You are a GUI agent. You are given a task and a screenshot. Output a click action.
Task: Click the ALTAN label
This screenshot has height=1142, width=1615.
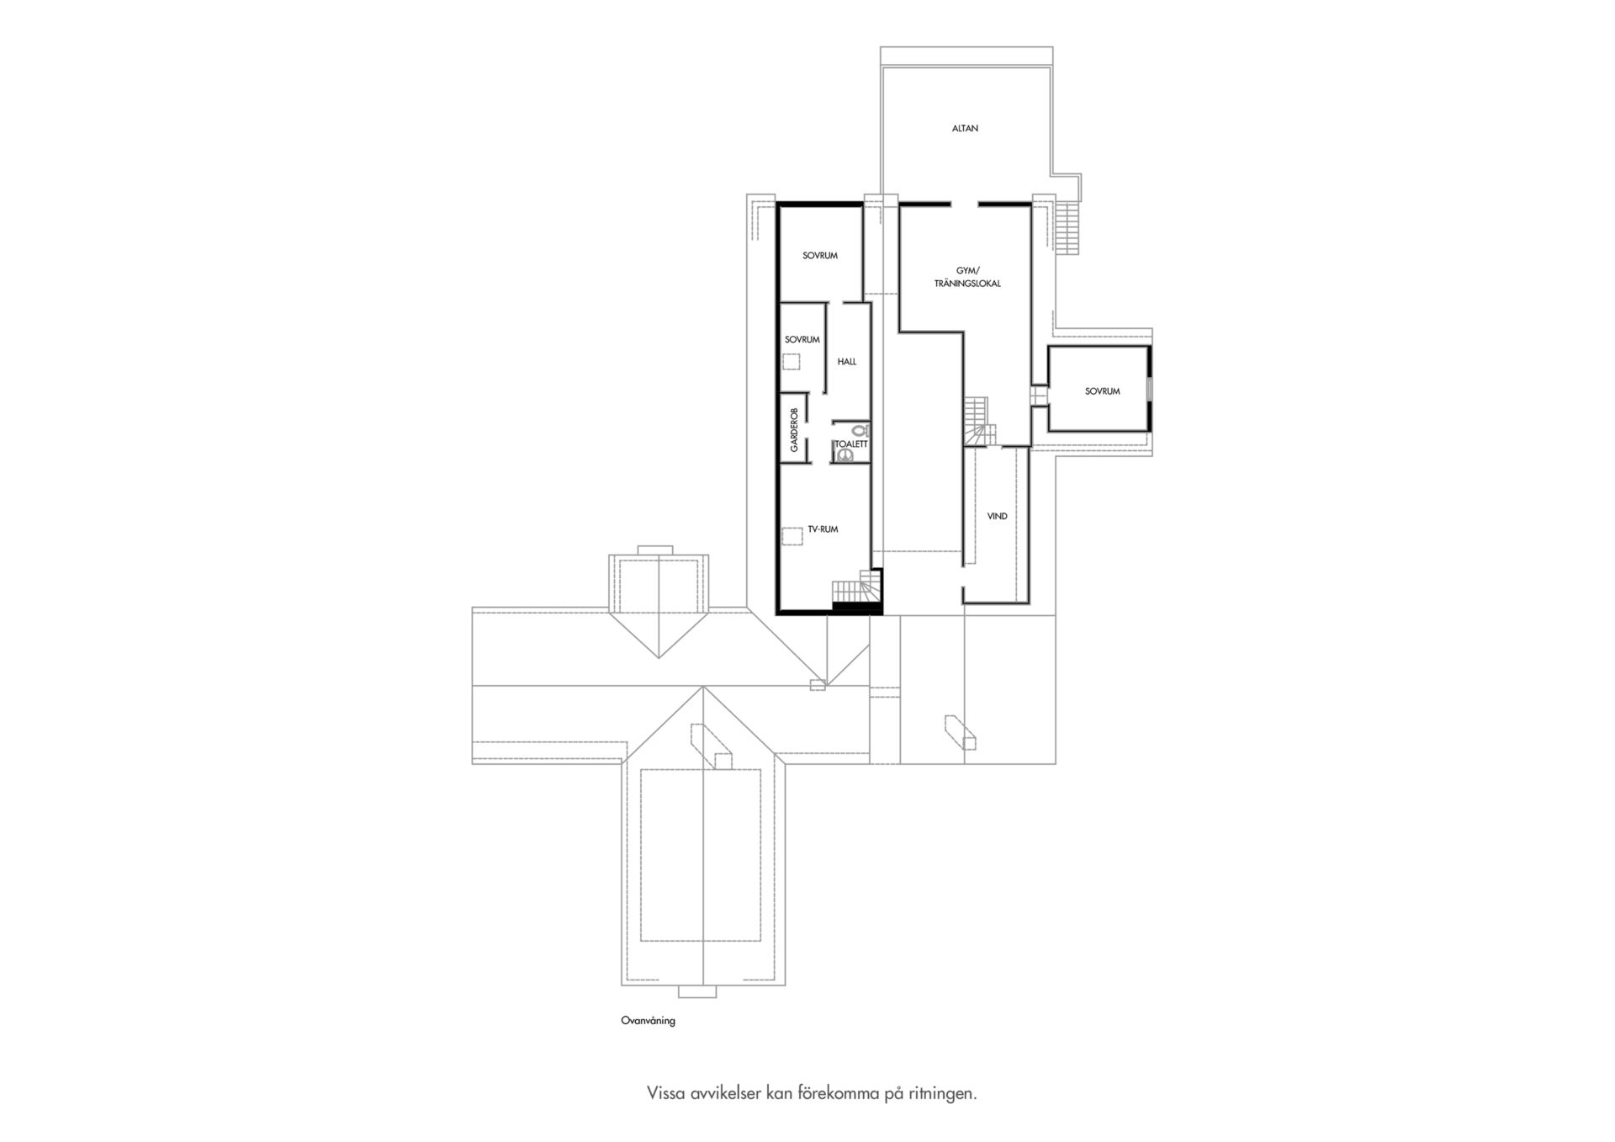coord(965,129)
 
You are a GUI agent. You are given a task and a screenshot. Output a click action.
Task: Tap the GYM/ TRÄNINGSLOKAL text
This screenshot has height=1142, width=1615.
coord(967,277)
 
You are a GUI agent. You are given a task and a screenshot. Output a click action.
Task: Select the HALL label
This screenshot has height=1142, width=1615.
coord(847,362)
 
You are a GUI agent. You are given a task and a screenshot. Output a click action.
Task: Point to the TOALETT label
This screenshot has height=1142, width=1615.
coord(850,444)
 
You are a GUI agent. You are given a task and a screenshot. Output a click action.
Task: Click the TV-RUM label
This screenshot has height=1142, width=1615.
coord(823,529)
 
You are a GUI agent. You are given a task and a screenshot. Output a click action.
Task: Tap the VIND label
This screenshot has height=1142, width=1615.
coord(998,517)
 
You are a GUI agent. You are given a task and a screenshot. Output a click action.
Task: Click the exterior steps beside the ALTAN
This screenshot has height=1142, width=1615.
coord(1067,227)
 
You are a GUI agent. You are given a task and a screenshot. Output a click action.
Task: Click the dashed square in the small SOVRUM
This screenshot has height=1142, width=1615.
coord(792,363)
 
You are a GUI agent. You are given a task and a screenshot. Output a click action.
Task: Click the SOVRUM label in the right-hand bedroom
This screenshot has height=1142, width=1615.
coord(1102,391)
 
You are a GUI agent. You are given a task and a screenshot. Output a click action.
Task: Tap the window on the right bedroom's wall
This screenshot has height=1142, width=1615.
coord(1151,390)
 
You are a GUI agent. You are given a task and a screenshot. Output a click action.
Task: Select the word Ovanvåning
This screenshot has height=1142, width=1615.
coord(648,1021)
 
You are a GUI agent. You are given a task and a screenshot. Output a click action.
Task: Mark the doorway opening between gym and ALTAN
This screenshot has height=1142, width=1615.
coord(965,204)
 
